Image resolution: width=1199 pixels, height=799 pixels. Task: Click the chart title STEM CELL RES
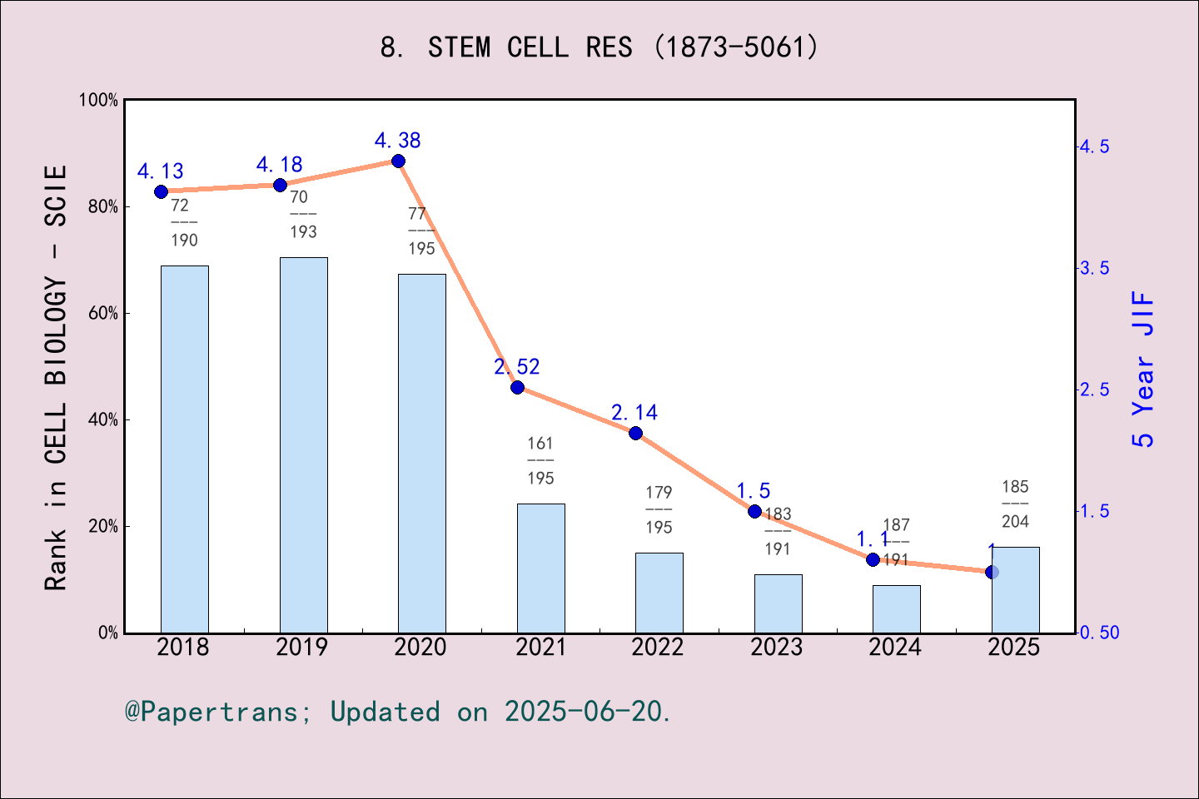[599, 47]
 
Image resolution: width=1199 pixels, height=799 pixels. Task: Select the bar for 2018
[184, 449]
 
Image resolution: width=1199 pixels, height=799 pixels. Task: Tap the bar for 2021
[540, 568]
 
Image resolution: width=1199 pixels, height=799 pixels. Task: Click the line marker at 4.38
[398, 161]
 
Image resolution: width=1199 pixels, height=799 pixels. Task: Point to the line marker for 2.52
[517, 387]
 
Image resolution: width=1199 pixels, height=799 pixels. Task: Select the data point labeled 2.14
[635, 433]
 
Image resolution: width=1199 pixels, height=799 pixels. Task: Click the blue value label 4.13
[160, 171]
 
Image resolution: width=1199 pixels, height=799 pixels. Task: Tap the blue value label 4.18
[279, 165]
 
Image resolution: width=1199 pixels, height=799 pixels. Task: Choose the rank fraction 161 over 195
[540, 460]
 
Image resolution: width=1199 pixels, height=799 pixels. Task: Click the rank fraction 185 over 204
[1015, 504]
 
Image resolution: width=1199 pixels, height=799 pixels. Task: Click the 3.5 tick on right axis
[1094, 268]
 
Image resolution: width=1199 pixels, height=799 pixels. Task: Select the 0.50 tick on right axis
[1099, 633]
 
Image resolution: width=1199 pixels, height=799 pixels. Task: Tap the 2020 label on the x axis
[420, 647]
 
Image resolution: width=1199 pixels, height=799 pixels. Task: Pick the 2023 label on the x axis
[777, 647]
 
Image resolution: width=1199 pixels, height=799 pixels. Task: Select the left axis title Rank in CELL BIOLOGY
[56, 377]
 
